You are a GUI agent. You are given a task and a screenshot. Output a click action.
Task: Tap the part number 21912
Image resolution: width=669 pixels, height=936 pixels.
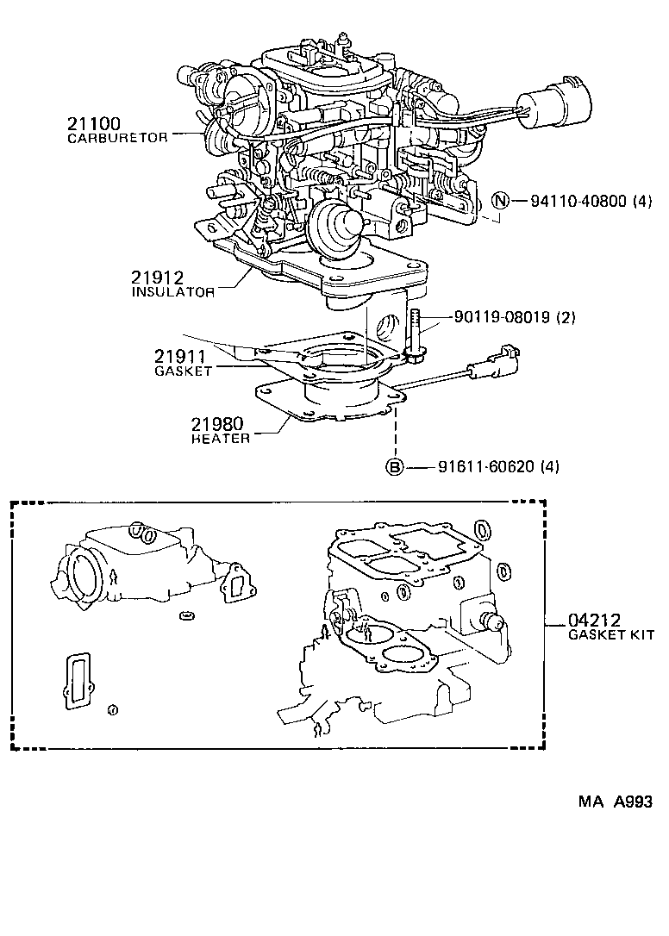(x=158, y=278)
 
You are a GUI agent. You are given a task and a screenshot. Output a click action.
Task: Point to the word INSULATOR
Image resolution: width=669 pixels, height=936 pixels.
(x=173, y=292)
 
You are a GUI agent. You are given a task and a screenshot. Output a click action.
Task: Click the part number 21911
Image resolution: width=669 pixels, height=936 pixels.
(x=182, y=356)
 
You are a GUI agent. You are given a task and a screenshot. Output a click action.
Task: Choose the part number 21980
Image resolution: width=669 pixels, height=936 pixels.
(x=217, y=424)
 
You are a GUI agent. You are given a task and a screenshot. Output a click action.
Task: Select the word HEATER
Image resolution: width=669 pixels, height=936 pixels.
(x=221, y=439)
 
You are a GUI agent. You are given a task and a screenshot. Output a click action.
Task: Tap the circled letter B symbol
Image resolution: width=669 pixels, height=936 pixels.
(x=393, y=467)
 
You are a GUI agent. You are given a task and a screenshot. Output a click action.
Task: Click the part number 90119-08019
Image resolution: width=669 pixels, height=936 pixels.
(x=503, y=317)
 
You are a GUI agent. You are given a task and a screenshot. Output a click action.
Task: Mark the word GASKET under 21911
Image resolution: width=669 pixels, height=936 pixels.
(x=183, y=371)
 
